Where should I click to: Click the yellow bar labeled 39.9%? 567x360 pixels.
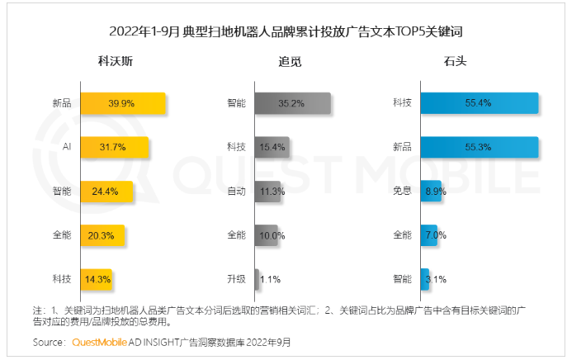point(123,103)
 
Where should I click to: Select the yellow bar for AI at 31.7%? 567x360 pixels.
point(115,147)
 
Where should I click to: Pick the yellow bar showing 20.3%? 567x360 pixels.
point(103,234)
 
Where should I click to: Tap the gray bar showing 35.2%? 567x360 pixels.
point(292,103)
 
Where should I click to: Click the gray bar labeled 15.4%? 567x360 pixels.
point(272,147)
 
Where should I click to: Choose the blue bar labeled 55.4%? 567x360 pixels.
point(479,103)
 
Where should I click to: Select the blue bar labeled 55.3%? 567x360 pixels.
point(479,147)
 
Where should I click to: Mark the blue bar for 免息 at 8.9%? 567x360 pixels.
point(430,191)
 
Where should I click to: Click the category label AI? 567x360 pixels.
point(66,147)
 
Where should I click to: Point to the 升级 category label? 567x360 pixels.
point(236,278)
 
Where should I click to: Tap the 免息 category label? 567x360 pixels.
point(403,191)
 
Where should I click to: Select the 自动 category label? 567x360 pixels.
point(236,191)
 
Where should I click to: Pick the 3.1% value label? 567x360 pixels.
point(437,278)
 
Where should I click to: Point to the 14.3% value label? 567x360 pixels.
point(97,278)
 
